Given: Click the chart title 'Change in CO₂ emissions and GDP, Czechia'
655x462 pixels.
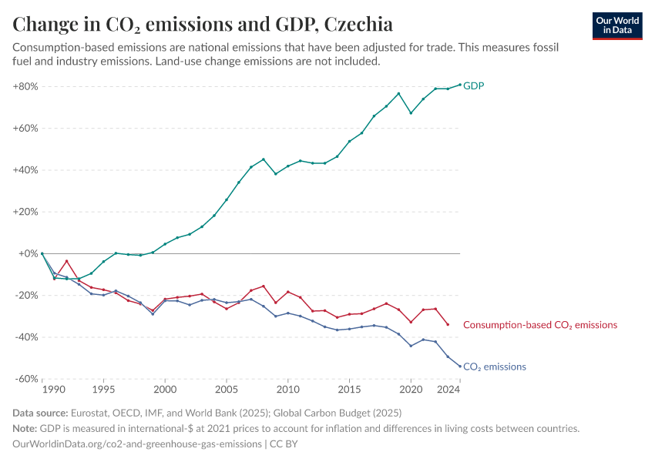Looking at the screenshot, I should [x=203, y=24].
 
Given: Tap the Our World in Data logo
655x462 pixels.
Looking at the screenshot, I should [x=616, y=25].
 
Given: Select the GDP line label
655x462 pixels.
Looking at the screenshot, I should [x=473, y=85].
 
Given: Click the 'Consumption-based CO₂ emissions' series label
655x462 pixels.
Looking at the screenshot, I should [x=540, y=325].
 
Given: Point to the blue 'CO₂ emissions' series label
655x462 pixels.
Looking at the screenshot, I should [x=494, y=367].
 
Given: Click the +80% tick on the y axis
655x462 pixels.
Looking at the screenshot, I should [x=25, y=86].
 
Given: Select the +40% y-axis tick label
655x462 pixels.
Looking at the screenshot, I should [x=25, y=170].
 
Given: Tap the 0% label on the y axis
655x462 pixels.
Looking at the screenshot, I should [x=29, y=253].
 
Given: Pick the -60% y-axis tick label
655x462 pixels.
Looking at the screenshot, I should [x=26, y=379].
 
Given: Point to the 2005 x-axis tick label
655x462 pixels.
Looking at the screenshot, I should [x=226, y=390].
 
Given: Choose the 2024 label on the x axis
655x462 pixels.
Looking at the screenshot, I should [x=448, y=390].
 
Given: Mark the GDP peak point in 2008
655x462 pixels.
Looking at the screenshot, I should [x=264, y=159].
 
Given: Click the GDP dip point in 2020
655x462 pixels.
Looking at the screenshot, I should [x=411, y=113].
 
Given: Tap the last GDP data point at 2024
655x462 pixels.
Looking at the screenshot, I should [x=460, y=85].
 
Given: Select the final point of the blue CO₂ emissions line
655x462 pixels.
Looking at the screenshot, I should [x=460, y=367].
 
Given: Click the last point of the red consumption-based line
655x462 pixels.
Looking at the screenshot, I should [x=448, y=324].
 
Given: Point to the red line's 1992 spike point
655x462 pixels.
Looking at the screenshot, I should [x=66, y=261].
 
